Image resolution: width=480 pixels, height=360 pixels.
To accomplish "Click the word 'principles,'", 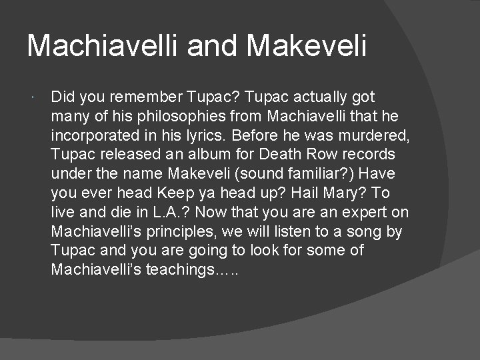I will tap(191, 232).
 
